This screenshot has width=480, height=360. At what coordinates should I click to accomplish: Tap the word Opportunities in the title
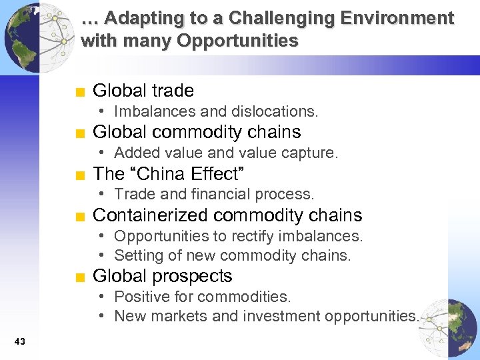click(237, 41)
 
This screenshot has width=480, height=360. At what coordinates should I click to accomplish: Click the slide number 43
click(19, 342)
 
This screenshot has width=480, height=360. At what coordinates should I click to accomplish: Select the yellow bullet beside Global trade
click(79, 92)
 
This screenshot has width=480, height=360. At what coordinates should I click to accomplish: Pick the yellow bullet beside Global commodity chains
click(79, 133)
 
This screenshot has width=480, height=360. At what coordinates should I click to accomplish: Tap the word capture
click(312, 153)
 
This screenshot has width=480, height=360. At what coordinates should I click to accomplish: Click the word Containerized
click(151, 215)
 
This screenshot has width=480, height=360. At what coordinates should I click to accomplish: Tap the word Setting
click(138, 256)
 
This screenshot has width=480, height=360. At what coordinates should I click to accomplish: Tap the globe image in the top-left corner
click(30, 37)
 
